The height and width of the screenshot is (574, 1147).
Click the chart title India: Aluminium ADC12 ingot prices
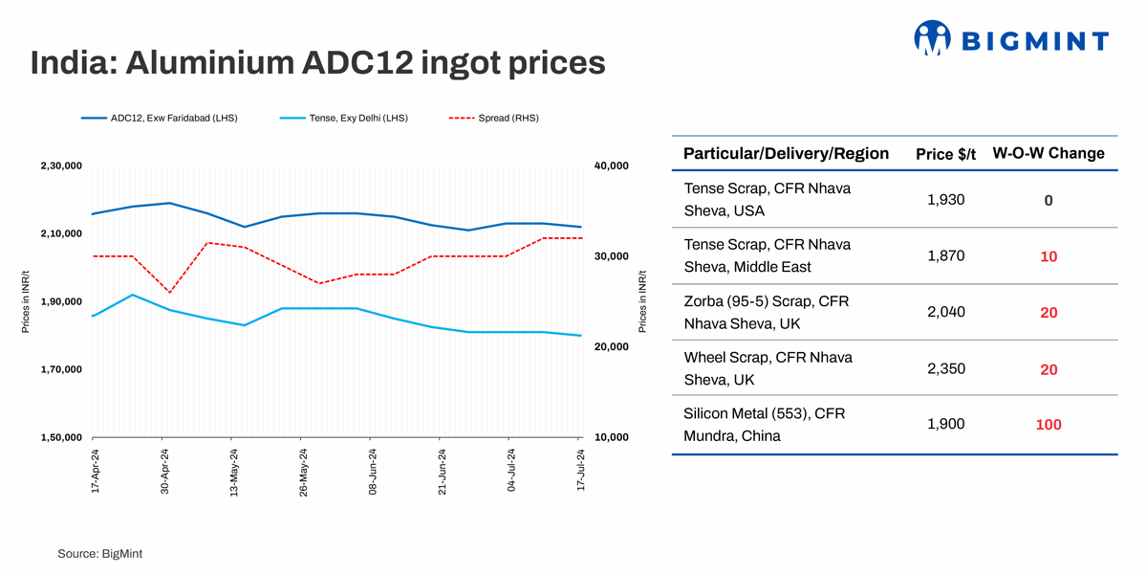click(318, 62)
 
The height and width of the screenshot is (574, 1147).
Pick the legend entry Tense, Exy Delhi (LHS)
click(344, 118)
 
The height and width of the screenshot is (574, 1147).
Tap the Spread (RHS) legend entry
click(493, 118)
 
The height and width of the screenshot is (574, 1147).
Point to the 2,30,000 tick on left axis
click(61, 166)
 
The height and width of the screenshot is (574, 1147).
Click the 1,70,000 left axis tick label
click(61, 369)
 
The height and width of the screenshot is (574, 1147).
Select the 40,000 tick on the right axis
click(611, 166)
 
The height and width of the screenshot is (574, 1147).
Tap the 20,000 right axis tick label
click(611, 347)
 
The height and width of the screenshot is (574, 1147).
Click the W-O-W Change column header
click(1055, 153)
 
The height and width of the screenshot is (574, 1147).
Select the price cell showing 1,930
click(946, 200)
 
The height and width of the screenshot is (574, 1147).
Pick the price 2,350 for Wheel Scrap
click(946, 368)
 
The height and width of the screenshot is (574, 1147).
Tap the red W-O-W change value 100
click(1049, 425)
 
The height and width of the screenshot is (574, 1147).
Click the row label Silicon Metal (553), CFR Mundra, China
click(764, 425)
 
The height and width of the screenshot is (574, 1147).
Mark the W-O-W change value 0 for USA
click(1049, 201)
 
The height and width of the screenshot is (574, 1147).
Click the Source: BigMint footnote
click(100, 554)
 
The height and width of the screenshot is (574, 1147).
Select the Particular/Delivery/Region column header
click(786, 153)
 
